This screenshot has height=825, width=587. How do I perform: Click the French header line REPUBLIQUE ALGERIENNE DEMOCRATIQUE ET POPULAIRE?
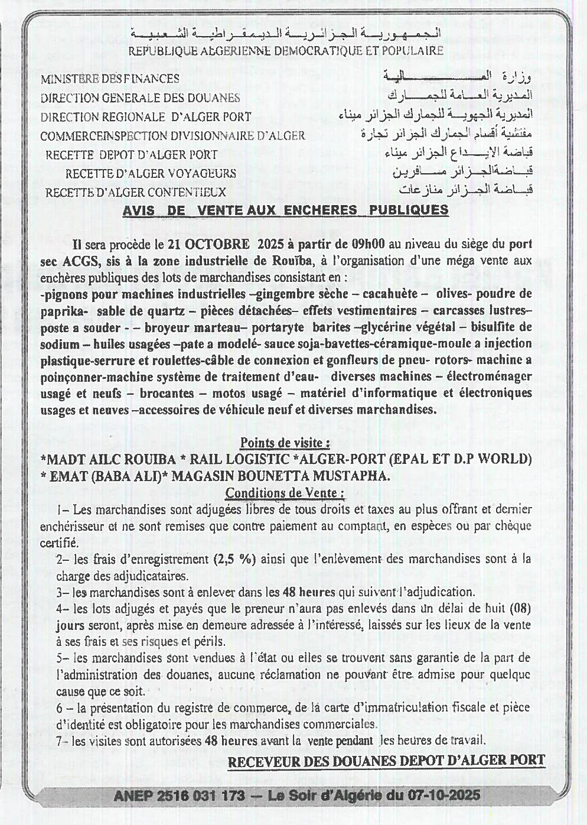coord(286,51)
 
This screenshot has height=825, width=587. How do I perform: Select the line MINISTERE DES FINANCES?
coord(110,79)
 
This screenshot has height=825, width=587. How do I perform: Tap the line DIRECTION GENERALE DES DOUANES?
coord(140,98)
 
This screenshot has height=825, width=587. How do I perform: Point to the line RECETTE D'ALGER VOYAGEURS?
coord(151,174)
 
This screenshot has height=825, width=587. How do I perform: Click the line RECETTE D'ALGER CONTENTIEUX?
coord(135,193)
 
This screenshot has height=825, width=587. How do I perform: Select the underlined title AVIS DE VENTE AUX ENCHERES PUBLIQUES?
coord(285,210)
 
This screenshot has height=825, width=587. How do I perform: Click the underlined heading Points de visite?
coord(284,443)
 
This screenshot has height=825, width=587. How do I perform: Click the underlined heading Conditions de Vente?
coord(285,493)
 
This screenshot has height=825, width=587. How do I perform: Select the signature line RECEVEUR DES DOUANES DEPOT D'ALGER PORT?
coord(386,762)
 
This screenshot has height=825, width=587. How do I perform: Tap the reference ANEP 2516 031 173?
coord(179,796)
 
